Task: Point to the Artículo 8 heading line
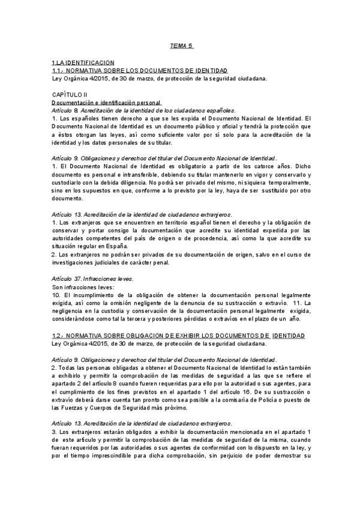(134, 111)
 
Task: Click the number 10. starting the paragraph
(56, 295)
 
